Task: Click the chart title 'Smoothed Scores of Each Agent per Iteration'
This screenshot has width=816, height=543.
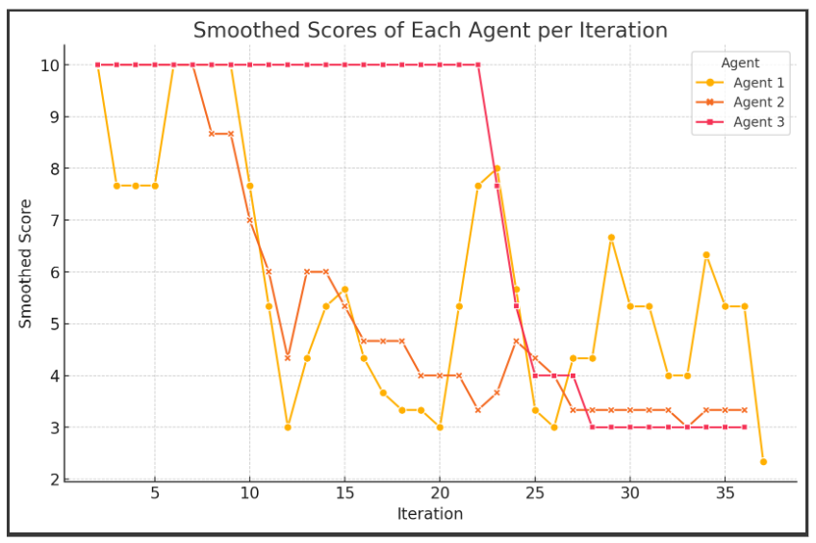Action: point(430,31)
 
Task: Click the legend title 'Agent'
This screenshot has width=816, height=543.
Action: point(740,64)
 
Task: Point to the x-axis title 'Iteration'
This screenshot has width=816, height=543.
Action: point(430,514)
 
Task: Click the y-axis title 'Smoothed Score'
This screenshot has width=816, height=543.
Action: point(26,263)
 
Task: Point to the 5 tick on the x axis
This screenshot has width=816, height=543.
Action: point(155,493)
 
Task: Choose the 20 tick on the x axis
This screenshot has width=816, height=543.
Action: point(440,493)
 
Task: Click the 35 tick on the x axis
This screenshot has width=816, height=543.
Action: point(725,493)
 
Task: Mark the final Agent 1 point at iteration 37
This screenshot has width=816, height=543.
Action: point(763,462)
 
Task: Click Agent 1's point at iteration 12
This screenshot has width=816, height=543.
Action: point(288,427)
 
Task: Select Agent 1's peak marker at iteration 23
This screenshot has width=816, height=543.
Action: point(497,168)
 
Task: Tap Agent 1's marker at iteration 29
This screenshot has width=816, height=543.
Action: point(611,238)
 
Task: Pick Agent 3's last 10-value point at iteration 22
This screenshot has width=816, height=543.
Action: point(478,65)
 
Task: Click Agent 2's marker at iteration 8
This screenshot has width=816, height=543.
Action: point(212,134)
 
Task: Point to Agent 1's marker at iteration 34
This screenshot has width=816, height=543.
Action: point(706,255)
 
